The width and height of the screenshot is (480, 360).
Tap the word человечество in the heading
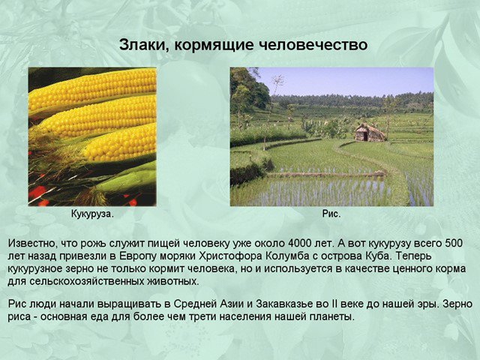313,45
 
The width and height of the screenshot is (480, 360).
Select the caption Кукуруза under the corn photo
92,214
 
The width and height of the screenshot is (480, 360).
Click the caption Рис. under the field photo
331,214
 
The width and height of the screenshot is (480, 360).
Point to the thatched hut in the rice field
370,132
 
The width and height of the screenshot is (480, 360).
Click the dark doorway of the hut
365,136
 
